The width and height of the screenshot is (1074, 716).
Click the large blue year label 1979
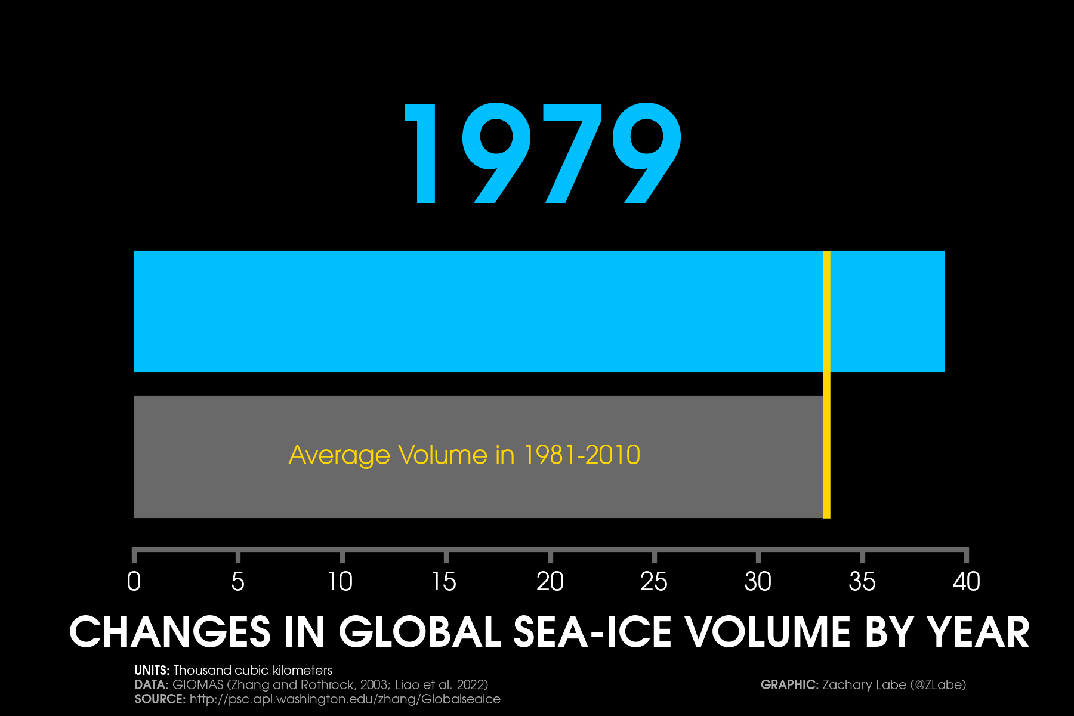(543, 153)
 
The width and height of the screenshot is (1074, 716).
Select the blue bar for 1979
(477, 311)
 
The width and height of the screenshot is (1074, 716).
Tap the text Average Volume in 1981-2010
(464, 455)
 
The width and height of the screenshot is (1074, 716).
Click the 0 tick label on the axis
(134, 582)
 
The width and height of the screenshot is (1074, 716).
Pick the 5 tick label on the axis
(237, 582)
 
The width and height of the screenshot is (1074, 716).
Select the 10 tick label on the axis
(341, 582)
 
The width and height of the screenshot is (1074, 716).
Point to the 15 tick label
(445, 582)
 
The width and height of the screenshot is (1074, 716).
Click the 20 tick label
(550, 582)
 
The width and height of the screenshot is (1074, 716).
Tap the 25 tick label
(654, 582)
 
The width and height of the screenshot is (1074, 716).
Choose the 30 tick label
(758, 582)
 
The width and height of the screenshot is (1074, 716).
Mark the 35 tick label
(862, 582)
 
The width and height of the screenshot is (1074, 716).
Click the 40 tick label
(967, 582)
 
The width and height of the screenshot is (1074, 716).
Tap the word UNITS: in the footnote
(152, 671)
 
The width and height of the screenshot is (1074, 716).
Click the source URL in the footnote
(345, 699)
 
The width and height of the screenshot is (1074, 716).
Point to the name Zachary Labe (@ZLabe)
(894, 685)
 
